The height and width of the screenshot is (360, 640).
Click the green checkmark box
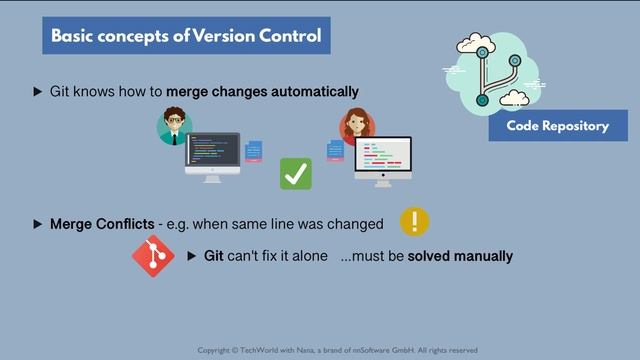pyautogui.click(x=295, y=173)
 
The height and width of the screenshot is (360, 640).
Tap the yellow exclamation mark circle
pyautogui.click(x=414, y=222)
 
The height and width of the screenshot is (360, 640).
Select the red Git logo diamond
pyautogui.click(x=153, y=256)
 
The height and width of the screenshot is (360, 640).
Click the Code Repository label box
pyautogui.click(x=557, y=126)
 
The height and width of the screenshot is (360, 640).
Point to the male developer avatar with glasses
pyautogui.click(x=174, y=127)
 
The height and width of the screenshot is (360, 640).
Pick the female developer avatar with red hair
pyautogui.click(x=355, y=127)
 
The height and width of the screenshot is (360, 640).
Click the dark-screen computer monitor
pyautogui.click(x=212, y=155)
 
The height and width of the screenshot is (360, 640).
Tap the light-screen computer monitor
pyautogui.click(x=383, y=160)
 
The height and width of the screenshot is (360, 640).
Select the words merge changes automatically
pyautogui.click(x=262, y=91)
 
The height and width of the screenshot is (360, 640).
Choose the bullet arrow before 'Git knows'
pyautogui.click(x=38, y=91)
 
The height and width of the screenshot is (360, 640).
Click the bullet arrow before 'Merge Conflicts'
pyautogui.click(x=38, y=223)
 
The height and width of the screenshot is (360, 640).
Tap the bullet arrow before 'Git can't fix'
pyautogui.click(x=193, y=256)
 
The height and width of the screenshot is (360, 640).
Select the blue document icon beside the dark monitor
pyautogui.click(x=254, y=153)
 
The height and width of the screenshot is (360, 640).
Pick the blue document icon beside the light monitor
pyautogui.click(x=336, y=150)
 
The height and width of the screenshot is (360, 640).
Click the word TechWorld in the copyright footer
pyautogui.click(x=263, y=350)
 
